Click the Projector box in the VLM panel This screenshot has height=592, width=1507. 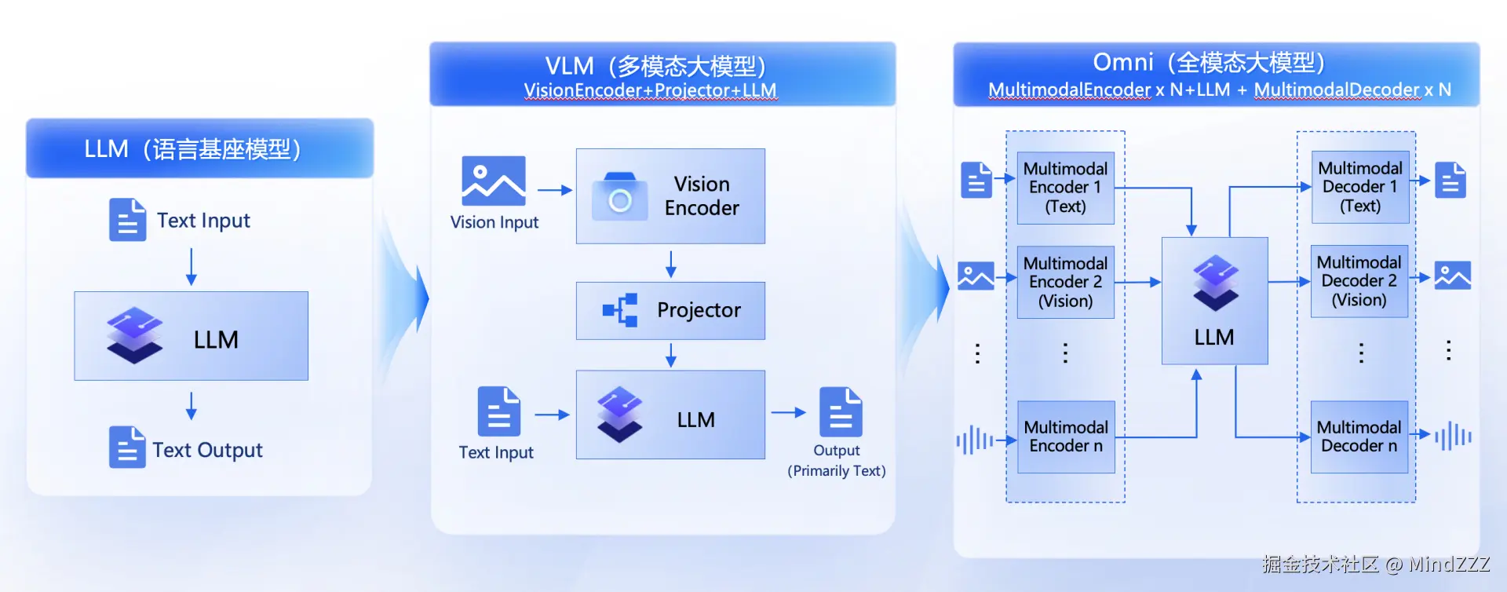pyautogui.click(x=670, y=311)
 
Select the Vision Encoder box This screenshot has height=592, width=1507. pyautogui.click(x=670, y=196)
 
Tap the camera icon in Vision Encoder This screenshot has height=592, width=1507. pyautogui.click(x=620, y=197)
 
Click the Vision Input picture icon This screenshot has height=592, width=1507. pyautogui.click(x=494, y=181)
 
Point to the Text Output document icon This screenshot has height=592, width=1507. pyautogui.click(x=127, y=448)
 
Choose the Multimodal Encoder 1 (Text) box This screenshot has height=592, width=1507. pyautogui.click(x=1066, y=188)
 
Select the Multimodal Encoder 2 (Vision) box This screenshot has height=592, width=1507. pyautogui.click(x=1066, y=282)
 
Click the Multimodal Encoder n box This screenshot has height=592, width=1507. pyautogui.click(x=1066, y=437)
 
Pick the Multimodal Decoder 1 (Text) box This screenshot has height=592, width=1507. pyautogui.click(x=1360, y=187)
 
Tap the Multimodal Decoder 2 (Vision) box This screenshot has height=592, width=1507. pyautogui.click(x=1359, y=281)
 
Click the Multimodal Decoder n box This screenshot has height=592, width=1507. pyautogui.click(x=1359, y=437)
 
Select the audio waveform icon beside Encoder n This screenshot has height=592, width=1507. pyautogui.click(x=975, y=440)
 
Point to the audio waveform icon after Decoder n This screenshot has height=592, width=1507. pyautogui.click(x=1453, y=436)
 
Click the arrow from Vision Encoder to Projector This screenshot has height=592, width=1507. pyautogui.click(x=670, y=265)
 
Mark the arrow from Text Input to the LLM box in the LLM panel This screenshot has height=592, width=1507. pyautogui.click(x=191, y=267)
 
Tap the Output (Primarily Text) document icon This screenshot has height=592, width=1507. pyautogui.click(x=841, y=411)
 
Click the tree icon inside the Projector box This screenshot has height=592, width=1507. pyautogui.click(x=620, y=310)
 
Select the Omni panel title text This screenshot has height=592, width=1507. pyautogui.click(x=1210, y=62)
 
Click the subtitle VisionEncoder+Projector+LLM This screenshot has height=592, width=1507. pyautogui.click(x=651, y=90)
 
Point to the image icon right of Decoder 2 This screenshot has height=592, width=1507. pyautogui.click(x=1453, y=276)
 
